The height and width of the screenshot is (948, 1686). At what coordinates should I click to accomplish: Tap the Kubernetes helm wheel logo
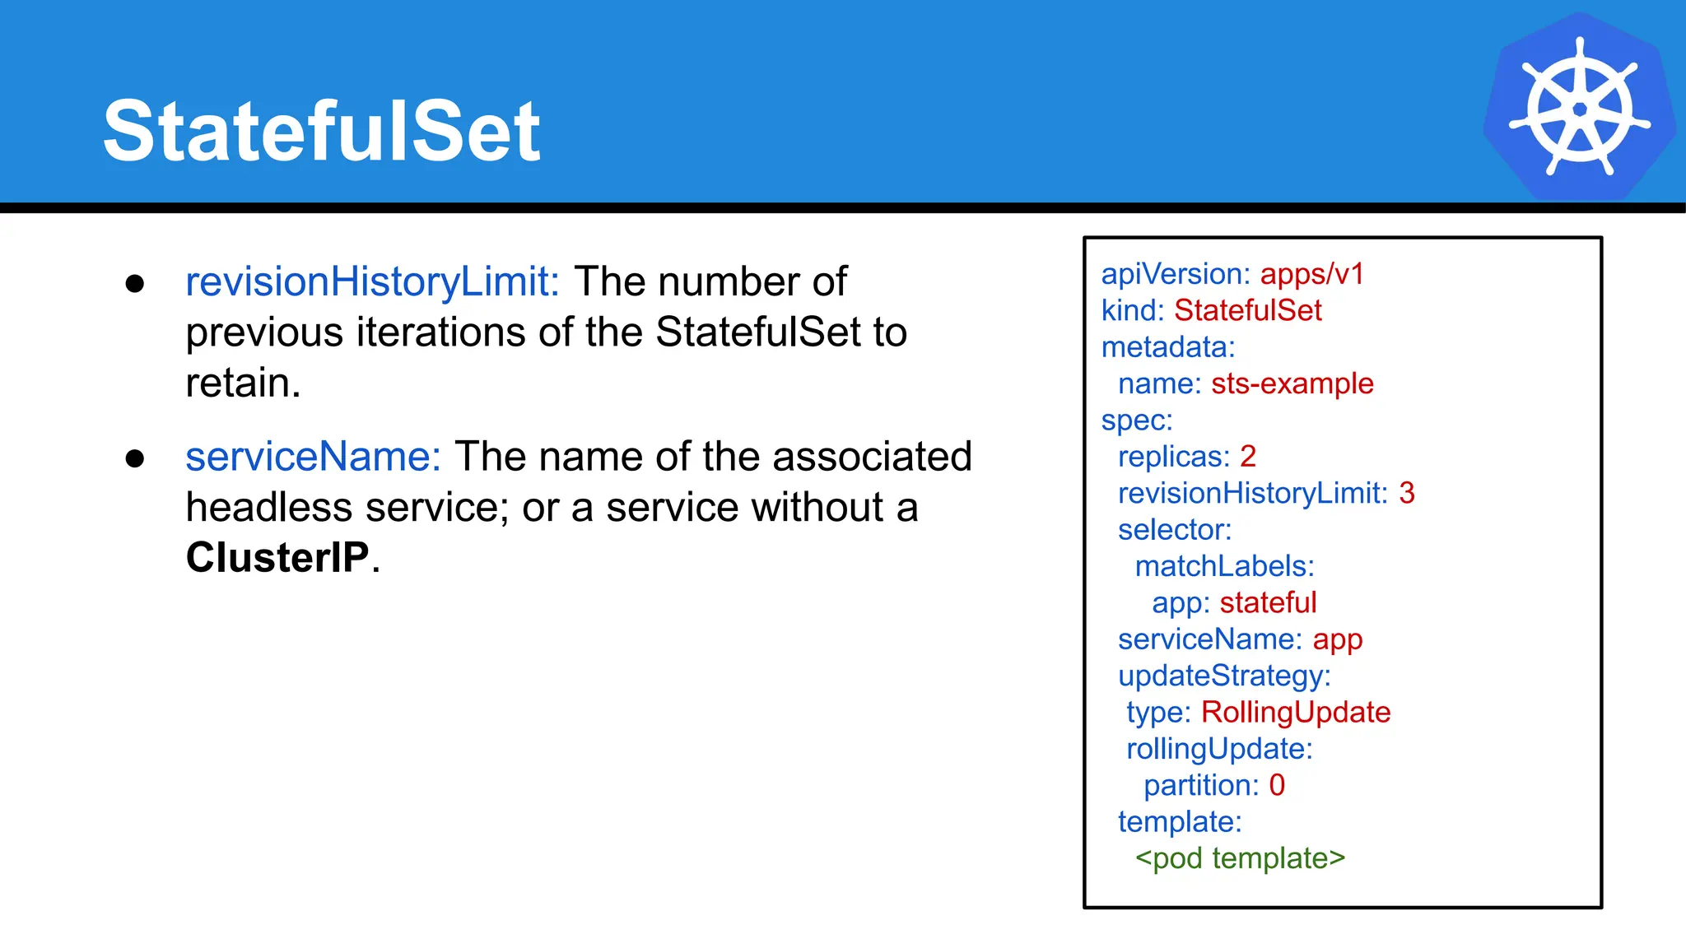tap(1579, 107)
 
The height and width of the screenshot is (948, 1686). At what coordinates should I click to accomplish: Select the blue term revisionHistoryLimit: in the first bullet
tap(372, 281)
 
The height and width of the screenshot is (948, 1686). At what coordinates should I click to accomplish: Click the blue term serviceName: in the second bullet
tap(314, 457)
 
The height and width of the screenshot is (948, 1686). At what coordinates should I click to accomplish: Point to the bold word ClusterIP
tap(277, 557)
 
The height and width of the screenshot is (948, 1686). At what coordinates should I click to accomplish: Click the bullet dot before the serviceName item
tap(135, 458)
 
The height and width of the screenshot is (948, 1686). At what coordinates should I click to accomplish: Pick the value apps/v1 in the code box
tap(1312, 274)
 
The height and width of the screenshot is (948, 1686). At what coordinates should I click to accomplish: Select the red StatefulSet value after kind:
tap(1247, 310)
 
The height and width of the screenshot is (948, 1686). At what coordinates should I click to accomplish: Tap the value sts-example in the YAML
tap(1292, 383)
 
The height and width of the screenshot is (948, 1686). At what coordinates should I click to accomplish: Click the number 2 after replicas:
tap(1248, 456)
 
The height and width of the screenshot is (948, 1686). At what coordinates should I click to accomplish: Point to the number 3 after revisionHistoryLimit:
tap(1407, 493)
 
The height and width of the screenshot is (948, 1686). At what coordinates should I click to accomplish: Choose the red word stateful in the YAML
tap(1268, 602)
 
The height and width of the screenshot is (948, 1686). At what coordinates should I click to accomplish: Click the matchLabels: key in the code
tap(1224, 566)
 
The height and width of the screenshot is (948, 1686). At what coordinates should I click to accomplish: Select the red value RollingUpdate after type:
tap(1296, 712)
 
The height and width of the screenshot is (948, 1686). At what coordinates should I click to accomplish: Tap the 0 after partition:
tap(1277, 785)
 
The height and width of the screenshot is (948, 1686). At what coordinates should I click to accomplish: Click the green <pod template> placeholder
tap(1240, 858)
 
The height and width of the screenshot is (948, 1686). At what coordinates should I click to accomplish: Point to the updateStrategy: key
tap(1224, 676)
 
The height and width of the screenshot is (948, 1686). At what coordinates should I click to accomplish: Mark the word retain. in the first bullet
tap(243, 383)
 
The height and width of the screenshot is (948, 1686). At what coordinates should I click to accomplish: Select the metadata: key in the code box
tap(1168, 347)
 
